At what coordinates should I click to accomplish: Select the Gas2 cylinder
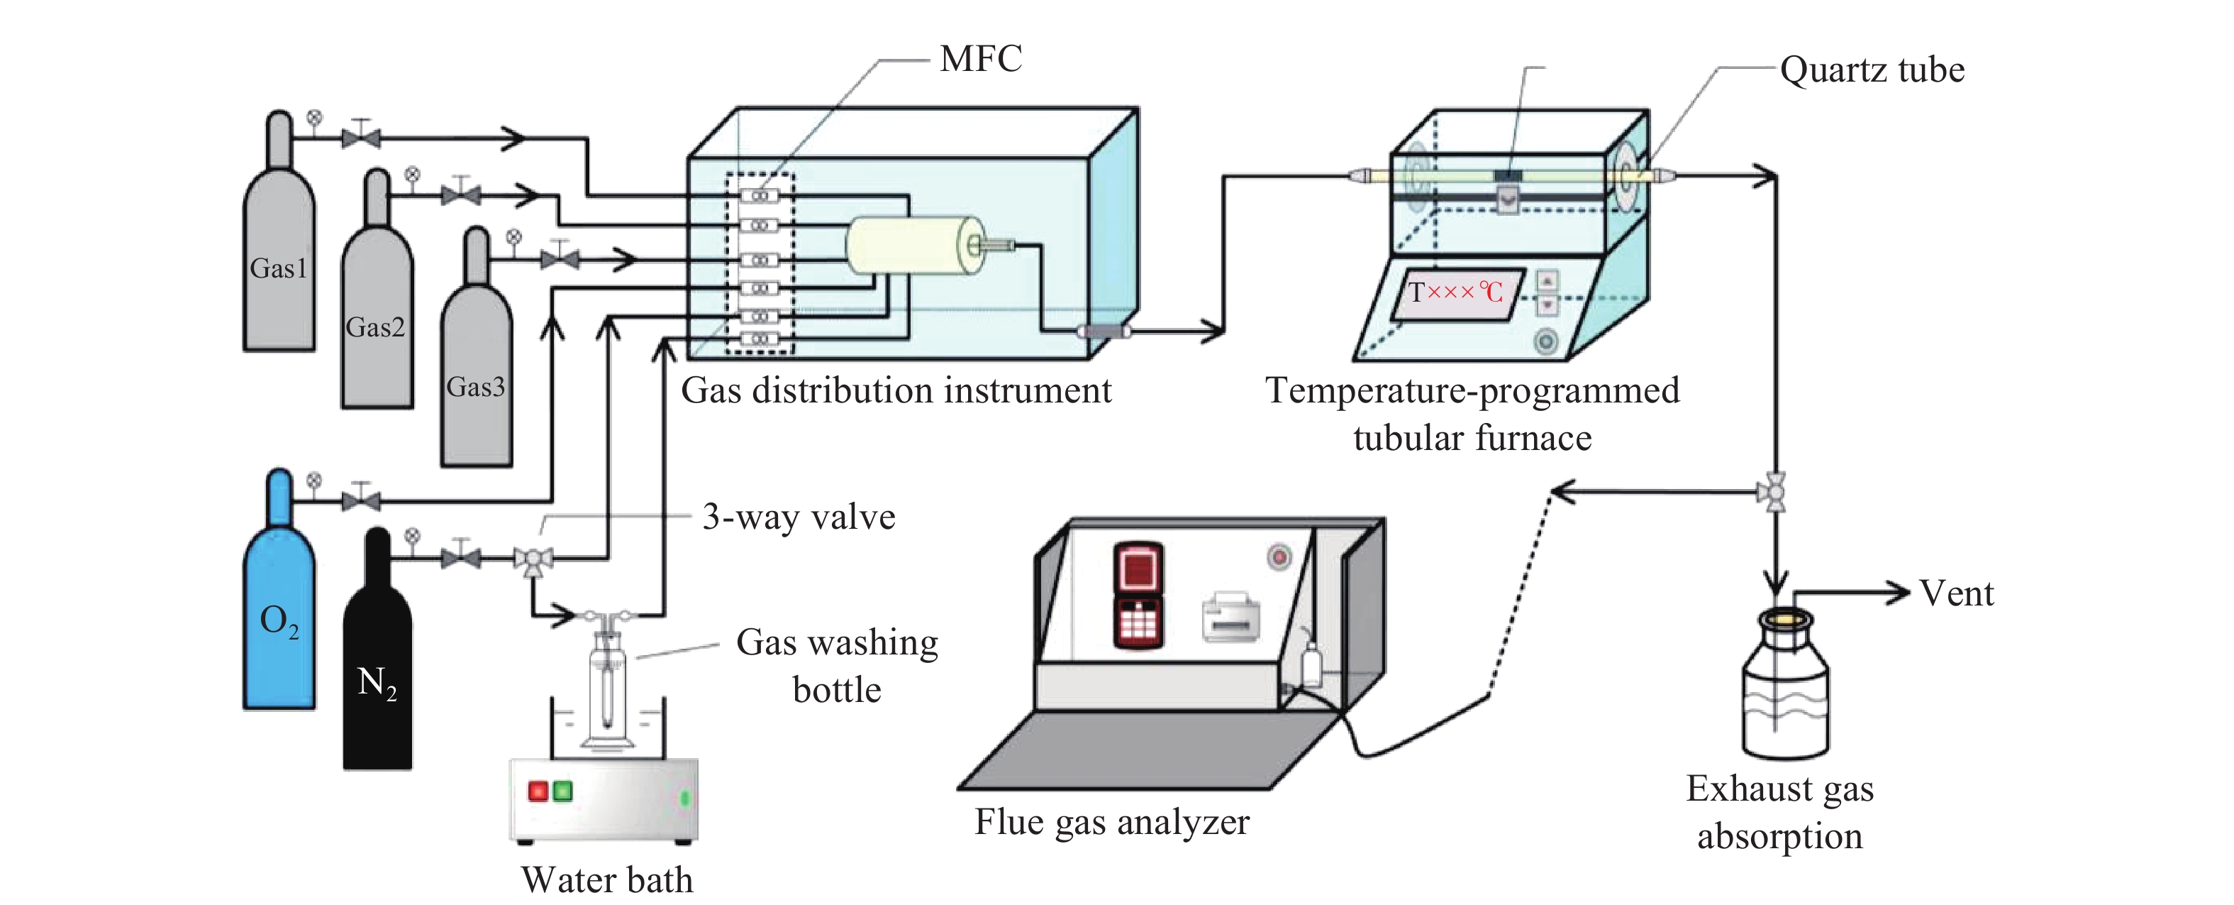377,321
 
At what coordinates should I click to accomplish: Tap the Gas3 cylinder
476,382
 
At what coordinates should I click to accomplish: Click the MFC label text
981,59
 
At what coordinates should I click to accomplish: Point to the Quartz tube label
1872,70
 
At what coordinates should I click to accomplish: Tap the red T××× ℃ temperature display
1455,292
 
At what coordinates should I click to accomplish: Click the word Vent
1957,593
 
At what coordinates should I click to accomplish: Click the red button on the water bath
538,791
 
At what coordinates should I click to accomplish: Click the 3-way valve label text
798,517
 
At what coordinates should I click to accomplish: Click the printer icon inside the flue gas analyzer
1230,618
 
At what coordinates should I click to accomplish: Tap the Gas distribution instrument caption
896,390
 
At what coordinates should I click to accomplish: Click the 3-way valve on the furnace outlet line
1775,493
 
